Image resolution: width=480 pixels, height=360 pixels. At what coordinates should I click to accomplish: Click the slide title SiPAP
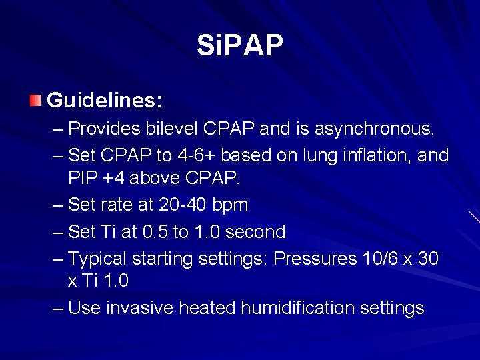pos(240,45)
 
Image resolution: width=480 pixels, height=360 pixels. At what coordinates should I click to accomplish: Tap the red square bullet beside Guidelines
pos(35,101)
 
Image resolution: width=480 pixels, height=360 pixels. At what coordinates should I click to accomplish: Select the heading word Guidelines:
pos(105,101)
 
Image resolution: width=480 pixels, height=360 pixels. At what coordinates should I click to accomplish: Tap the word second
pos(253,232)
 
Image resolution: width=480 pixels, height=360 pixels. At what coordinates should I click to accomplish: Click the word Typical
pos(98,258)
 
